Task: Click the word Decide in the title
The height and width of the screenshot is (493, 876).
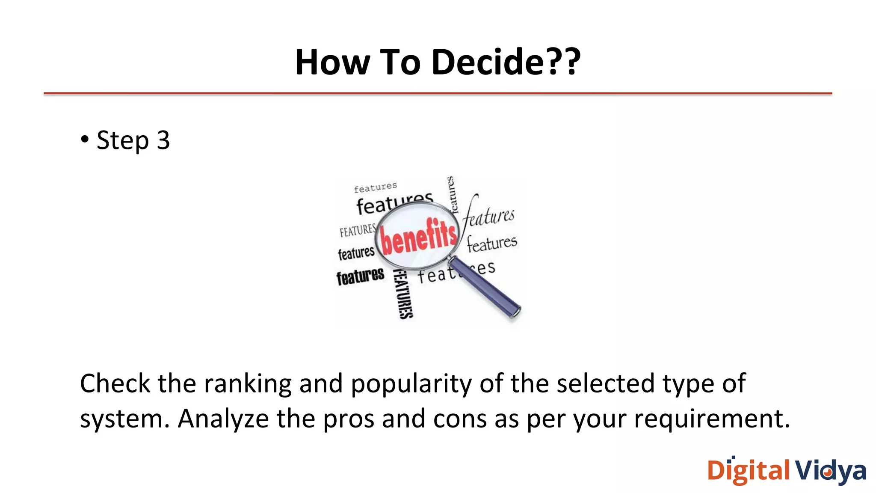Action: click(x=488, y=62)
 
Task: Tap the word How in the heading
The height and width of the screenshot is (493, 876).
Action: click(x=332, y=62)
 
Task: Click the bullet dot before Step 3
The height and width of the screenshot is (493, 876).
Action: click(x=85, y=139)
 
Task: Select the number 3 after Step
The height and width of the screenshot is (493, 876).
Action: click(x=163, y=140)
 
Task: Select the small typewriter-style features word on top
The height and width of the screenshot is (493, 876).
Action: click(x=375, y=187)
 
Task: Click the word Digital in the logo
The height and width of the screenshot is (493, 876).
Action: click(x=749, y=471)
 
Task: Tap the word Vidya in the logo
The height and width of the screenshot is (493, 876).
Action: click(x=830, y=471)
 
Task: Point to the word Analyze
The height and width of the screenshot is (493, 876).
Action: click(x=223, y=419)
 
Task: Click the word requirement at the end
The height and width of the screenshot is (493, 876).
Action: click(x=711, y=419)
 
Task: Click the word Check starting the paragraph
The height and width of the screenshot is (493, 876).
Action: click(x=115, y=383)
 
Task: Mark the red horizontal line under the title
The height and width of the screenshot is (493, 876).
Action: click(x=438, y=93)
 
